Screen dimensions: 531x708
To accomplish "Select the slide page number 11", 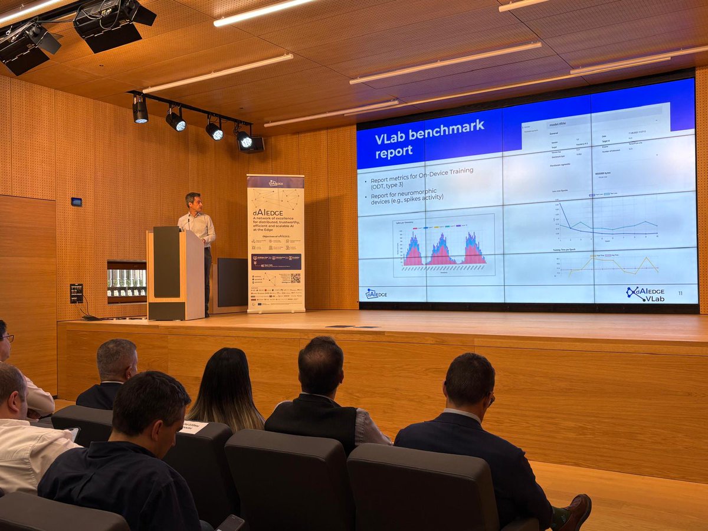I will click(x=680, y=293).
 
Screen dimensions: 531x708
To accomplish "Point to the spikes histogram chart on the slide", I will click(x=444, y=247).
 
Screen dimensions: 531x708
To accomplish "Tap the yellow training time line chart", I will click(x=608, y=265).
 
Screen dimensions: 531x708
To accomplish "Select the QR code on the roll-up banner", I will click(x=295, y=277).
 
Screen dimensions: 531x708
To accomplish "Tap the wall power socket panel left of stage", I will click(x=76, y=293).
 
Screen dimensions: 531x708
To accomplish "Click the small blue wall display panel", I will click(x=77, y=202).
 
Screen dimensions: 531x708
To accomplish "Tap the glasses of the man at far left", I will click(x=7, y=338).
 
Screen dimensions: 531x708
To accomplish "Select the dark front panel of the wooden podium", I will click(x=166, y=263).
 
